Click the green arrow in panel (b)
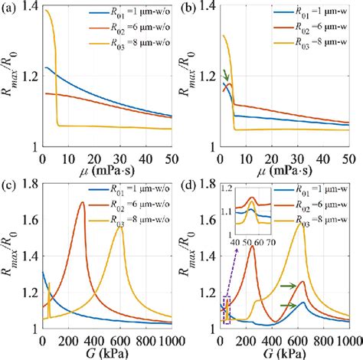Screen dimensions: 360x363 (224, 75)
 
